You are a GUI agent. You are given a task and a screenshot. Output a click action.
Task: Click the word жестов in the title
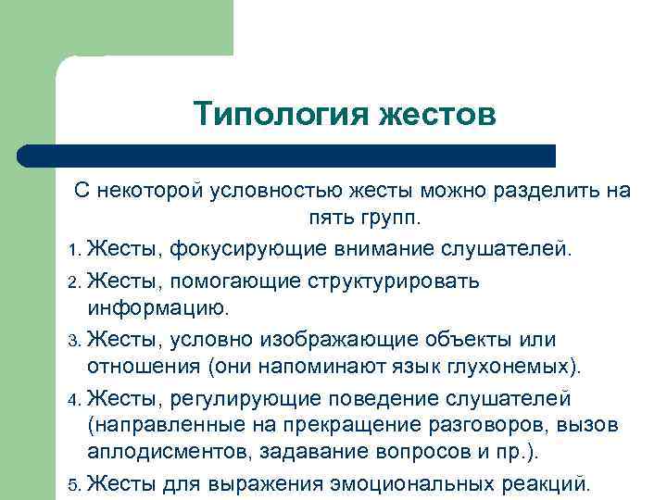pos(438,115)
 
